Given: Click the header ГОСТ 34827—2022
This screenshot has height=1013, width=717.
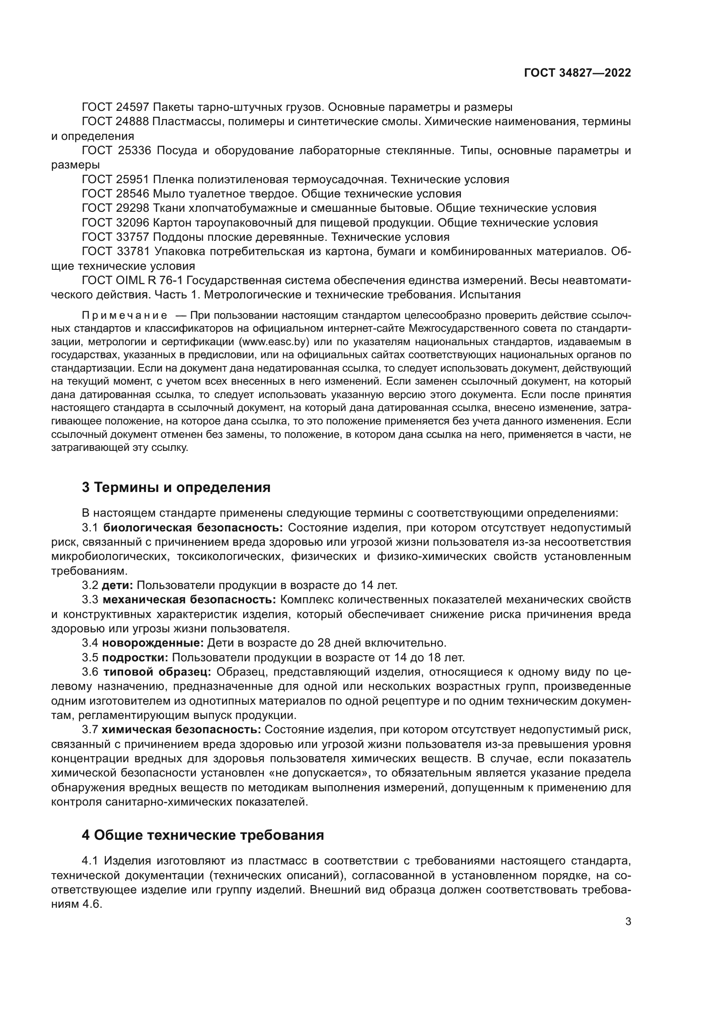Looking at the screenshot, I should pyautogui.click(x=577, y=73).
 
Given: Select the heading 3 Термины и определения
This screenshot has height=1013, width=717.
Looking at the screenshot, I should pyautogui.click(x=176, y=488).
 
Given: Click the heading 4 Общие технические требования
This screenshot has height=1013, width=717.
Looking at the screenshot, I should pyautogui.click(x=202, y=835).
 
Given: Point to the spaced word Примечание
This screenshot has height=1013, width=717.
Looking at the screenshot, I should pyautogui.click(x=124, y=315).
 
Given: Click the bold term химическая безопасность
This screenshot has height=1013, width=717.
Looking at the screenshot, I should pyautogui.click(x=182, y=730).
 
